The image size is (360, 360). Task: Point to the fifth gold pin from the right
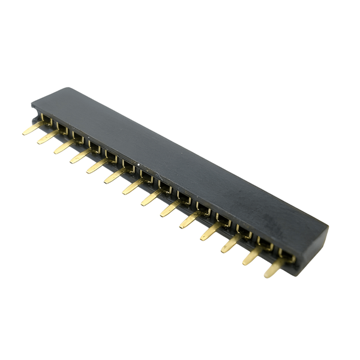[189, 220]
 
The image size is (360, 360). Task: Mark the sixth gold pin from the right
[170, 209]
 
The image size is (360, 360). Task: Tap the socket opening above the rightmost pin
[287, 257]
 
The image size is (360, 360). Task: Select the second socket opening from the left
[62, 128]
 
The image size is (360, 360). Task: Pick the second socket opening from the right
[265, 244]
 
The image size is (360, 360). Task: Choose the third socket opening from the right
[244, 231]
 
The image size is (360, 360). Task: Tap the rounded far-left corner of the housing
[35, 103]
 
